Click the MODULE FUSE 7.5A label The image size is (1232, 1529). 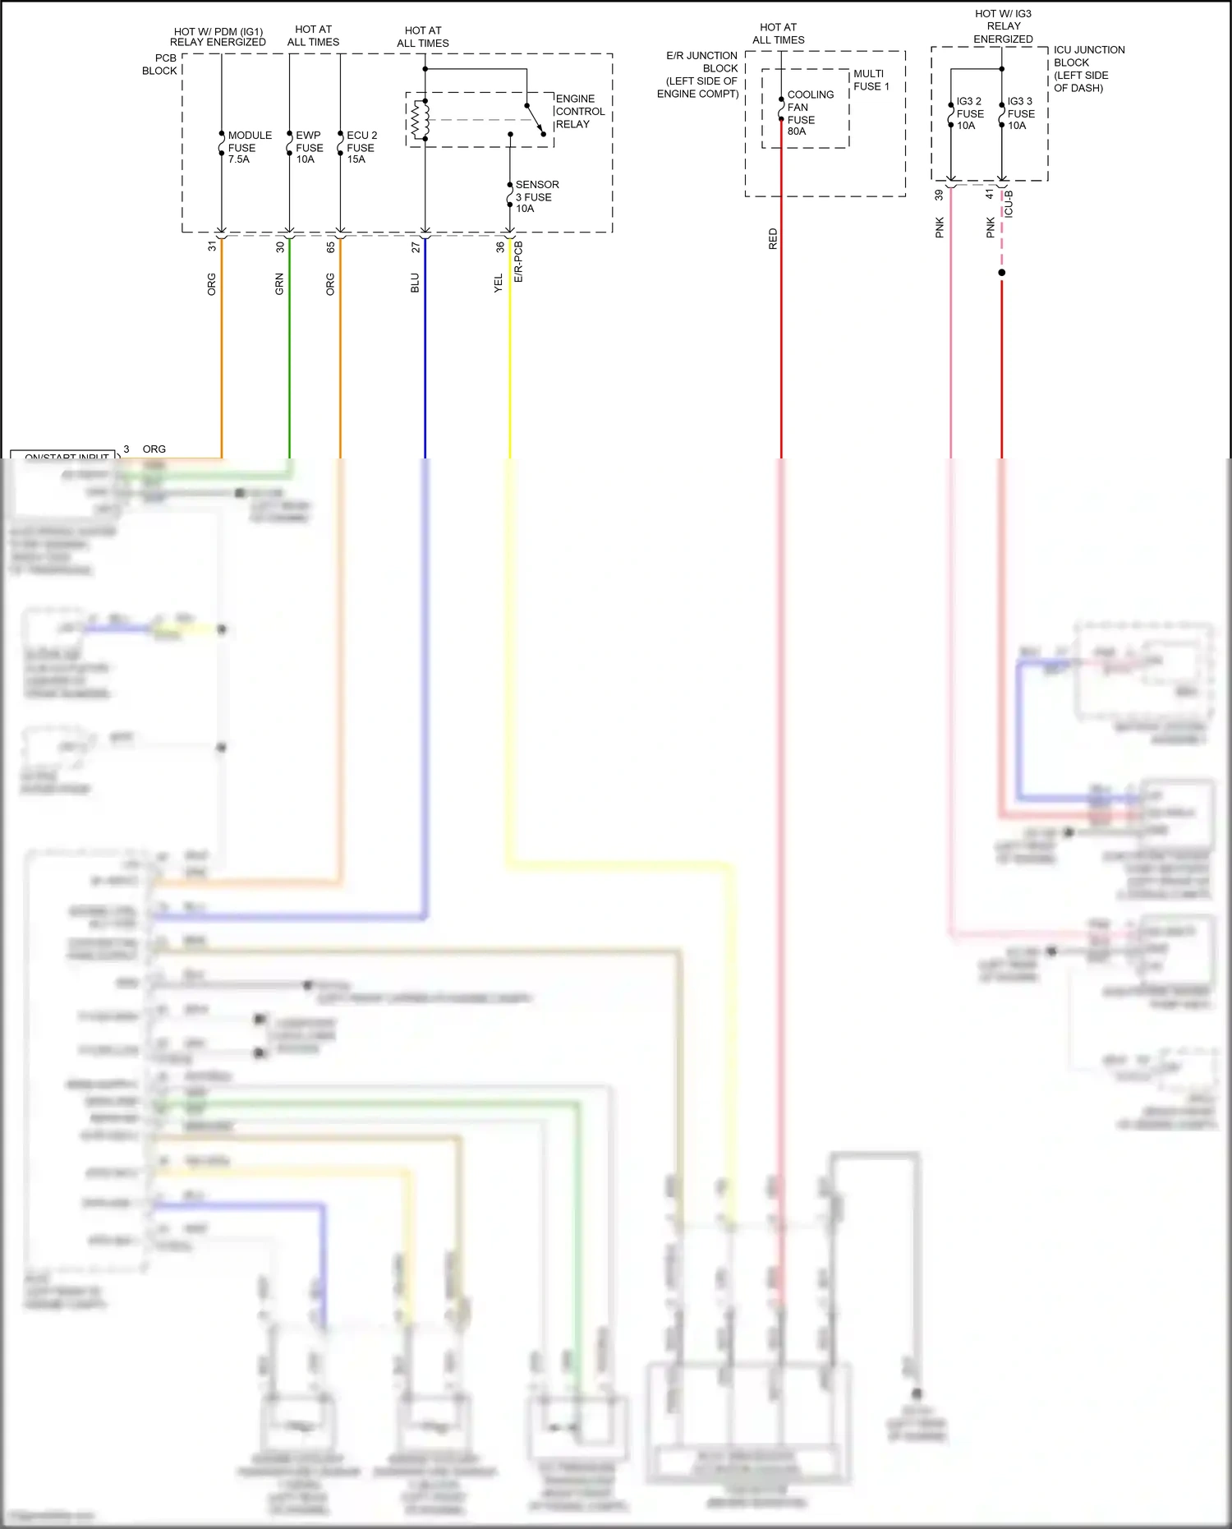click(249, 147)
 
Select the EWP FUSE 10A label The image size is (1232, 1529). click(309, 147)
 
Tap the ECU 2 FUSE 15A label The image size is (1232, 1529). click(361, 147)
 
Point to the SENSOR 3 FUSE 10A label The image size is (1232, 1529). click(536, 196)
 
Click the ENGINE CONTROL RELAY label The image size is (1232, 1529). click(580, 112)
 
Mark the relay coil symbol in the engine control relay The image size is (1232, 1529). click(421, 120)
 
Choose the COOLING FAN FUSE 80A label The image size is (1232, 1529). click(809, 113)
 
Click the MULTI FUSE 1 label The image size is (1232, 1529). click(871, 80)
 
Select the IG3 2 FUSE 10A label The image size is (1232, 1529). click(969, 113)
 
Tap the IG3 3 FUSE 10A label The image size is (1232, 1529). click(1020, 113)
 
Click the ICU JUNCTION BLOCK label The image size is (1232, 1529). click(1088, 68)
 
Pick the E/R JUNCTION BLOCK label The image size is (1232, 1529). click(699, 75)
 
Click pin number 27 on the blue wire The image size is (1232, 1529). click(416, 246)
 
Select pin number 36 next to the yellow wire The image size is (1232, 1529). click(500, 246)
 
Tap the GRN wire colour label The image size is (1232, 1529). click(279, 284)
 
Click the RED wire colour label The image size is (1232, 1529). click(773, 239)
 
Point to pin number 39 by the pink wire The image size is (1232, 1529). click(939, 196)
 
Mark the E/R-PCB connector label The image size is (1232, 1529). click(518, 262)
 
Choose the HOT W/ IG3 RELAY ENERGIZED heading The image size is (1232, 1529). click(1003, 26)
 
